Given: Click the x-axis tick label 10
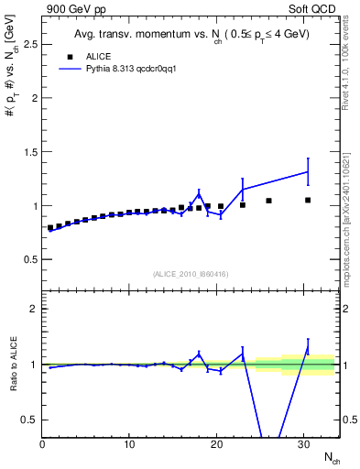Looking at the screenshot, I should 129,445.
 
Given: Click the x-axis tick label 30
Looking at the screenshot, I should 303,445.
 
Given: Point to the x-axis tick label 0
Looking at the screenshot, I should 42,445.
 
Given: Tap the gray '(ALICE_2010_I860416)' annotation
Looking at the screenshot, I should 191,273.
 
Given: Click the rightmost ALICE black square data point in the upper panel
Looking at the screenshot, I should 308,200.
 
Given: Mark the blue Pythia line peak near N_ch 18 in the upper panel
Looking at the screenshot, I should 199,193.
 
